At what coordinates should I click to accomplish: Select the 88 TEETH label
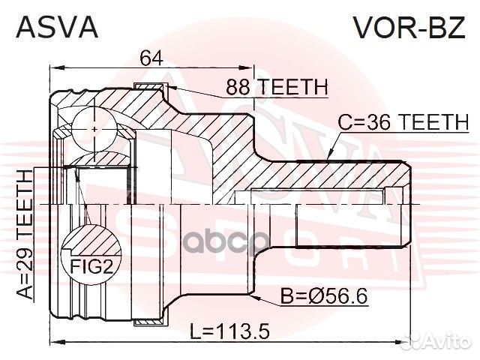click(x=277, y=88)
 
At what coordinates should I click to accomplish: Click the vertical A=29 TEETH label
click(x=25, y=232)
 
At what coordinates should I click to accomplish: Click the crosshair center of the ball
click(x=95, y=128)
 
